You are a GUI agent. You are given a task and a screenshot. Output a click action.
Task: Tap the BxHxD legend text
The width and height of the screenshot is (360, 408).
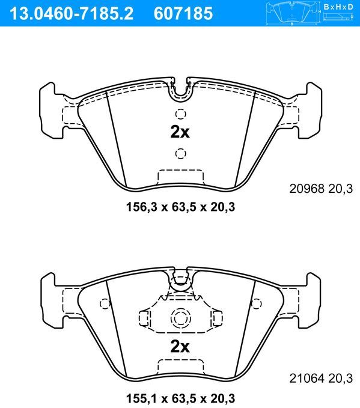point(340,7)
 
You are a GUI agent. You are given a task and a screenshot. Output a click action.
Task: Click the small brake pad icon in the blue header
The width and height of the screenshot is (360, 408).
point(292,11)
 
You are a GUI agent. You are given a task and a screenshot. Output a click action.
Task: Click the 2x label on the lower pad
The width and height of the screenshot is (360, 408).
point(180,346)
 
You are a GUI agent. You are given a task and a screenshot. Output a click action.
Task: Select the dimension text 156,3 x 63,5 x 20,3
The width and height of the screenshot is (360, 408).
point(180,207)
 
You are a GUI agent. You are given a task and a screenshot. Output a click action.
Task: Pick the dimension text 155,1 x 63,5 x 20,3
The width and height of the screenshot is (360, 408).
point(180,398)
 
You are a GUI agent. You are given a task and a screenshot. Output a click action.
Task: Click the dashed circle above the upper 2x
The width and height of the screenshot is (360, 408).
point(180,114)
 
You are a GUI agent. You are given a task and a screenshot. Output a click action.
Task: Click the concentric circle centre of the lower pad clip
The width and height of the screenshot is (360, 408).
point(180,318)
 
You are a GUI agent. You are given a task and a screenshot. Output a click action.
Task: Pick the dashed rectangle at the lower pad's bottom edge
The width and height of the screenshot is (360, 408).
point(180,366)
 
